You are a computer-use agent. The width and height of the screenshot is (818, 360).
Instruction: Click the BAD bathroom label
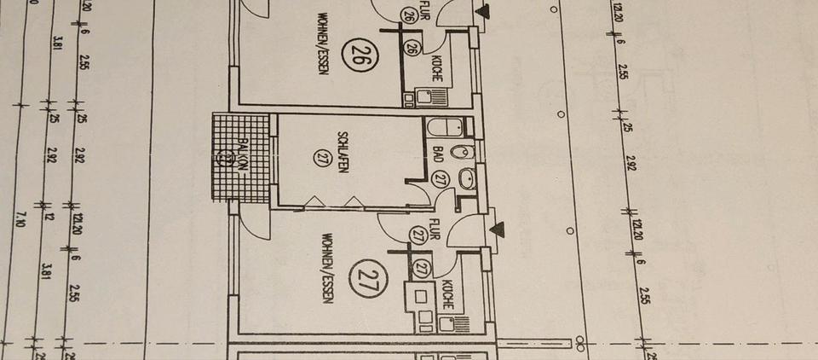pyautogui.click(x=438, y=154)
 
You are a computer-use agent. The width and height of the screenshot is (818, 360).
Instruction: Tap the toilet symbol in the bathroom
pyautogui.click(x=461, y=154)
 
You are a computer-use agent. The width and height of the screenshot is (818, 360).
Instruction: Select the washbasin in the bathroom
pyautogui.click(x=466, y=180)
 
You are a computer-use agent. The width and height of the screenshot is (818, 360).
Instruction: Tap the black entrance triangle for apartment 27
pyautogui.click(x=498, y=229)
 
